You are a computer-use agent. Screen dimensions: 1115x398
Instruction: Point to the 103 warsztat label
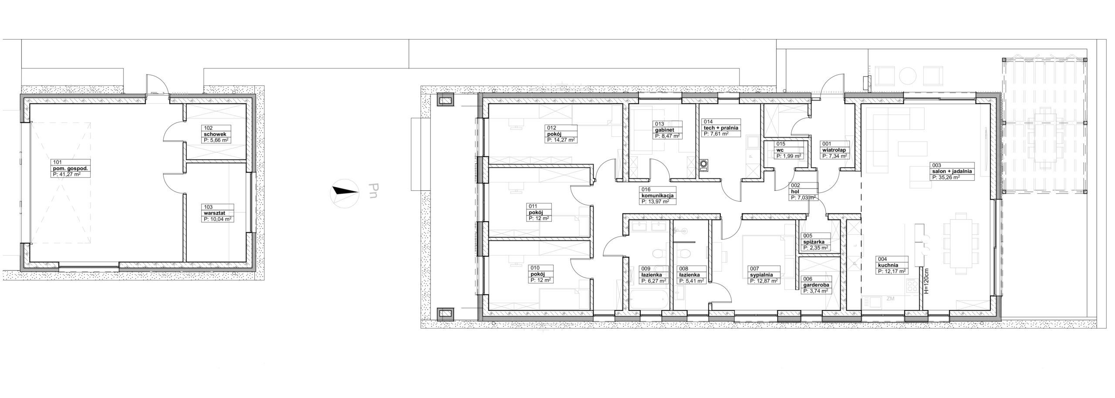point(218,213)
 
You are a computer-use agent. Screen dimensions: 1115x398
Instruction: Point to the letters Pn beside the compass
point(373,192)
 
